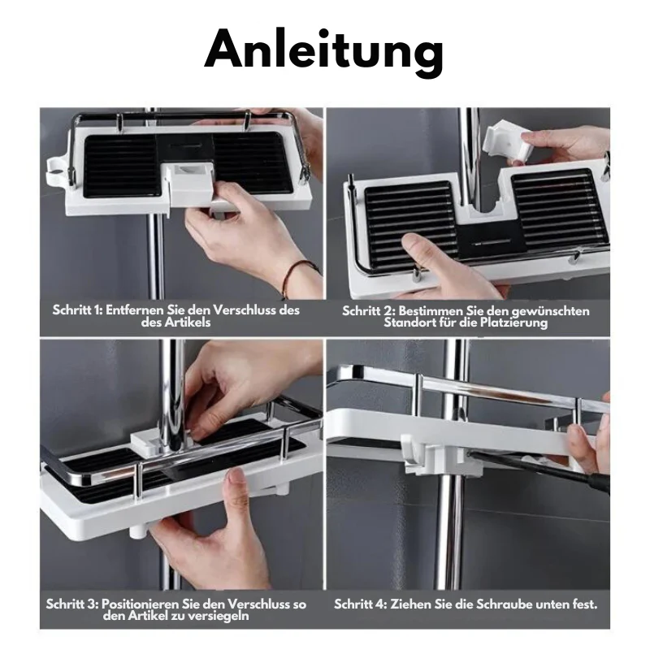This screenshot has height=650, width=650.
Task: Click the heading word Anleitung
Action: tap(324, 51)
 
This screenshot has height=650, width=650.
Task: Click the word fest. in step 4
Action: tap(583, 604)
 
